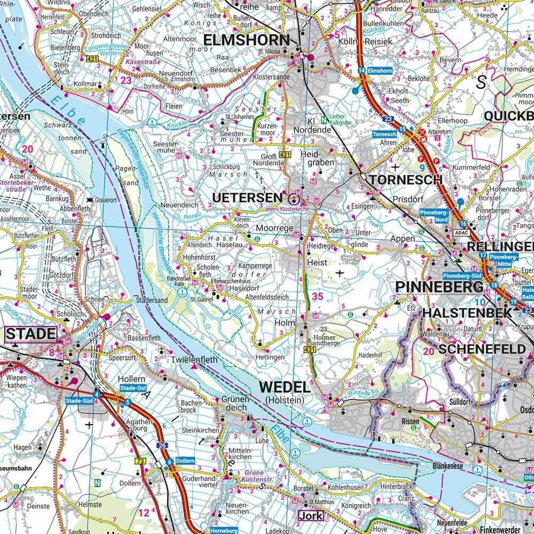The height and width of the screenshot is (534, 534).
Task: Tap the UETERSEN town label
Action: pos(247,198)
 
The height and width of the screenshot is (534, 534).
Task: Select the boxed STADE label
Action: pos(31,335)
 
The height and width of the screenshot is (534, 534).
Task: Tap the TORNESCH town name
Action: pos(406,180)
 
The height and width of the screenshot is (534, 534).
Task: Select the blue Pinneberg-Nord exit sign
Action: pos(434,215)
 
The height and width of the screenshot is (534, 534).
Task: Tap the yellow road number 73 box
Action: pos(140,461)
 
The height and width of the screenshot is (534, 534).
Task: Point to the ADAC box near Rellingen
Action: pos(461,233)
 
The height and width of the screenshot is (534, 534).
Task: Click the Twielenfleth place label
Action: pos(194,360)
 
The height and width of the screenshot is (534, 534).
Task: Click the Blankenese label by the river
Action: pos(447,466)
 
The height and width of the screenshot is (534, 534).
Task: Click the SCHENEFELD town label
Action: pos(482,349)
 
